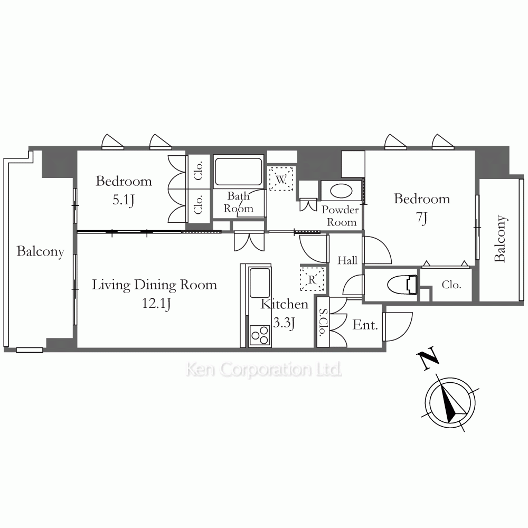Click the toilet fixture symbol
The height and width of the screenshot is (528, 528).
point(402,285)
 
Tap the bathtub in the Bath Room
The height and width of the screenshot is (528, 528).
point(238,172)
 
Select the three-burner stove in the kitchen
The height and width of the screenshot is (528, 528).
point(260,335)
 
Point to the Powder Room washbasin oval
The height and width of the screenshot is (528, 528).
point(341,191)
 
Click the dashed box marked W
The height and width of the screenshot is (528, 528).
point(281,179)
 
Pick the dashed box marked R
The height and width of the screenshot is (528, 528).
point(312,279)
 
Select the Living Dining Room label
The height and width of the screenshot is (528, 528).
point(155,285)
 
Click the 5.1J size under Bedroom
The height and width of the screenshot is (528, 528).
point(123,200)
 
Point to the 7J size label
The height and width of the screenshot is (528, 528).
point(422,218)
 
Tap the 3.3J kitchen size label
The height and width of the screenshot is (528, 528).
point(284,323)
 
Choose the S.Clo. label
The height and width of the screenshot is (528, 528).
point(323,322)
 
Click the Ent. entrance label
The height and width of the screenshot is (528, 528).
point(365,325)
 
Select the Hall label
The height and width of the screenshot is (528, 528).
point(347,260)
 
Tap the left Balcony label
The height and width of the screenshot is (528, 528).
point(41,251)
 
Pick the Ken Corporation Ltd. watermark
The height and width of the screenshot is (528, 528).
point(263,370)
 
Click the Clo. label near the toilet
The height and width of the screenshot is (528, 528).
point(451,285)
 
